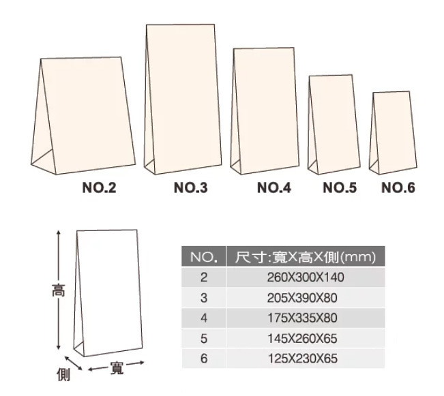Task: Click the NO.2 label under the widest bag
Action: coord(99,187)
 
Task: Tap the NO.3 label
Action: coord(190,187)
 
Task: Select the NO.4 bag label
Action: coord(273,187)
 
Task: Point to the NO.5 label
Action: coord(340,187)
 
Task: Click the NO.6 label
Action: coord(398,187)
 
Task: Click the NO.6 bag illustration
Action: coord(393,132)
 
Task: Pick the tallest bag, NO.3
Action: coord(183,99)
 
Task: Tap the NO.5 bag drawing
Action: coord(334,125)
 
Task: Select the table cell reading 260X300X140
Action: coord(306,277)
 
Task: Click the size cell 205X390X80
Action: coord(302,298)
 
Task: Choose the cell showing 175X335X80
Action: coord(302,318)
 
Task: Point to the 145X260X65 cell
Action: coord(302,339)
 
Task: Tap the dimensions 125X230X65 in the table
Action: coord(303,359)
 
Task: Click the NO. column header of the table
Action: coord(204,257)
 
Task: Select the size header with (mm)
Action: coord(306,257)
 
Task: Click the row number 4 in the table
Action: coord(204,318)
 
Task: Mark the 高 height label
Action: coord(59,290)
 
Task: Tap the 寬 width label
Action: coord(117,368)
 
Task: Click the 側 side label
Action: coord(63,375)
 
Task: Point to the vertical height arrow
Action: coord(59,290)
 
